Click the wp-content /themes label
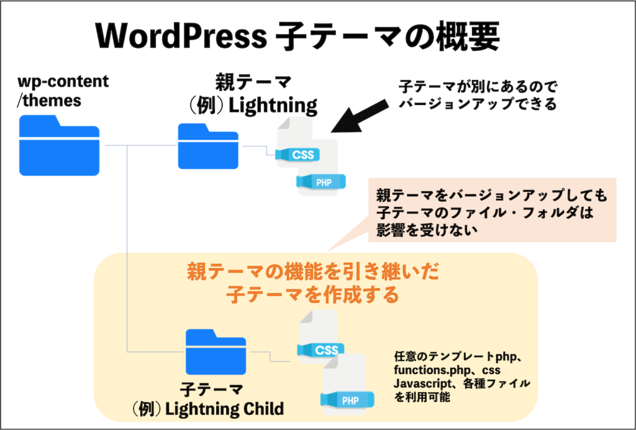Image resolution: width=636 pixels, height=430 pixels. tap(63, 90)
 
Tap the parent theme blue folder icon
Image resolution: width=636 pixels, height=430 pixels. tap(208, 146)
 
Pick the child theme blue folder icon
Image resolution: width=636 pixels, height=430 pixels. tap(216, 352)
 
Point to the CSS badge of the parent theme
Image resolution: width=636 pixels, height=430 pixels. tap(302, 155)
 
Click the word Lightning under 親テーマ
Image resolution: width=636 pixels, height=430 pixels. tap(273, 105)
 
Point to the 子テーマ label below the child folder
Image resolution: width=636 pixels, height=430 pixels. tap(211, 390)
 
